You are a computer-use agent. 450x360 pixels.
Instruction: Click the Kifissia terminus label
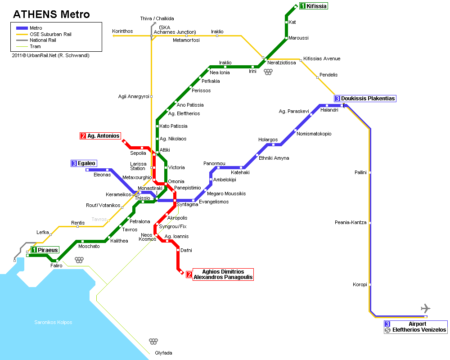tap(313, 6)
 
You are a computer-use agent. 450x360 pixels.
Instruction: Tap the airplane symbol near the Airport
tap(426, 308)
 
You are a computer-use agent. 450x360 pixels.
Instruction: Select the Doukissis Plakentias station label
tap(365, 99)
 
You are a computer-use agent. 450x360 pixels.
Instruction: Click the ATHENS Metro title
tap(52, 14)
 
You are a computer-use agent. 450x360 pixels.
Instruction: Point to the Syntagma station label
tap(187, 204)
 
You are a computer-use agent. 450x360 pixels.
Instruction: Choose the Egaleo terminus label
tap(84, 163)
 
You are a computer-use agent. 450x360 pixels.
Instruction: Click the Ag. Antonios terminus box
tap(100, 136)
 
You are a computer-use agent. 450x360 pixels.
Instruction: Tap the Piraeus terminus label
tap(45, 250)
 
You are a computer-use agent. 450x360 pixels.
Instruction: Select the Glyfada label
tap(164, 353)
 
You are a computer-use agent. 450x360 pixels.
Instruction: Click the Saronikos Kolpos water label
tap(53, 322)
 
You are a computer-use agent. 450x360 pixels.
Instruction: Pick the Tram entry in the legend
tap(28, 46)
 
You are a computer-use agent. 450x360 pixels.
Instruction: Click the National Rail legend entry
tap(36, 40)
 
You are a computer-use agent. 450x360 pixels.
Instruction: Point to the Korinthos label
tap(122, 31)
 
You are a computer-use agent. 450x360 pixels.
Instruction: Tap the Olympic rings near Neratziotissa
tap(268, 72)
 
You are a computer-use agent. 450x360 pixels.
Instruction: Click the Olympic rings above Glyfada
tap(153, 342)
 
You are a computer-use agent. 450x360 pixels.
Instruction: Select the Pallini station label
tap(360, 172)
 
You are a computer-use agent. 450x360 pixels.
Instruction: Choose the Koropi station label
tap(360, 284)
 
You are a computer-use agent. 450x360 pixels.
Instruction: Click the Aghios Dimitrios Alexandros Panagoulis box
tap(220, 274)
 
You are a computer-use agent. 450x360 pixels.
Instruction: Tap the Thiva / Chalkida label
tap(157, 18)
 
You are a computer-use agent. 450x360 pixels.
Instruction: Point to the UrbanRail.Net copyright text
tap(50, 55)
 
